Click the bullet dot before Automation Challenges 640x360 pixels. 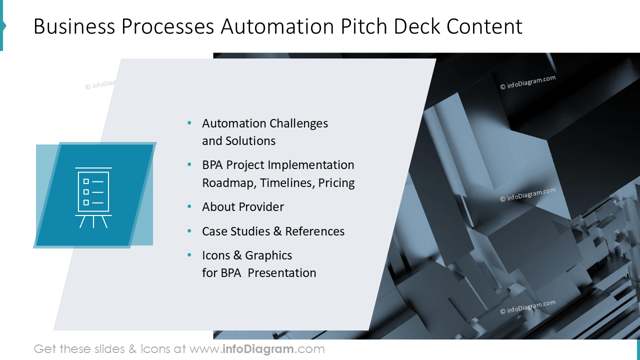(x=189, y=123)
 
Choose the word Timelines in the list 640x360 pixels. (x=286, y=183)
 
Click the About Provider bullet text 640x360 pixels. (x=243, y=207)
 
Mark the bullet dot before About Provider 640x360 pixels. (x=189, y=206)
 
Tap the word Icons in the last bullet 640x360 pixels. (x=216, y=255)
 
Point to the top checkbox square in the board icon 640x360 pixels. (x=86, y=181)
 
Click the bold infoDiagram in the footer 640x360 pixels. (x=257, y=349)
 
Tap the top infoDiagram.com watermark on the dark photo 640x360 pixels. (x=527, y=82)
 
